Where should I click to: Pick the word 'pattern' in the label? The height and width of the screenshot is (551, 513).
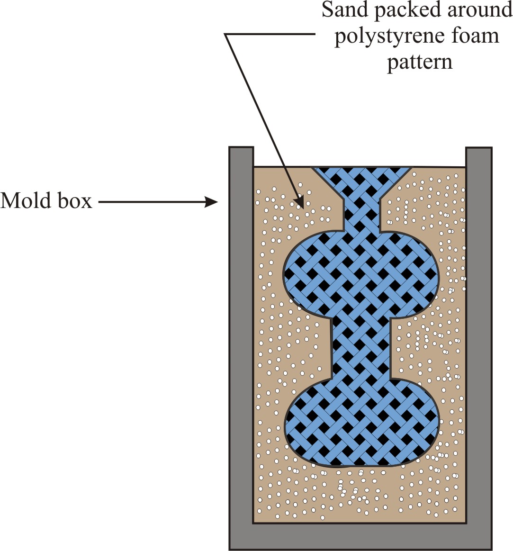point(420,62)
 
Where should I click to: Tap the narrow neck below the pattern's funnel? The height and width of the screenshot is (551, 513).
point(361,213)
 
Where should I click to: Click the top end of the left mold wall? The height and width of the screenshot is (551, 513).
point(241,151)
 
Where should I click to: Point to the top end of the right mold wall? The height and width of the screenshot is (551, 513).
point(479,151)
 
